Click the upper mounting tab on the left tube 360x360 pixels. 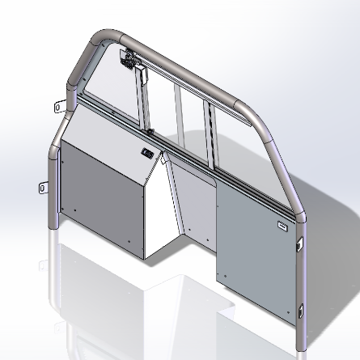59,104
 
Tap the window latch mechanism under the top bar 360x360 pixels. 128,57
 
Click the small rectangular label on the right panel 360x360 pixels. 282,227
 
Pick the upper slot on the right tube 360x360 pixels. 300,242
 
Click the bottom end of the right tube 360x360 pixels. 301,345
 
